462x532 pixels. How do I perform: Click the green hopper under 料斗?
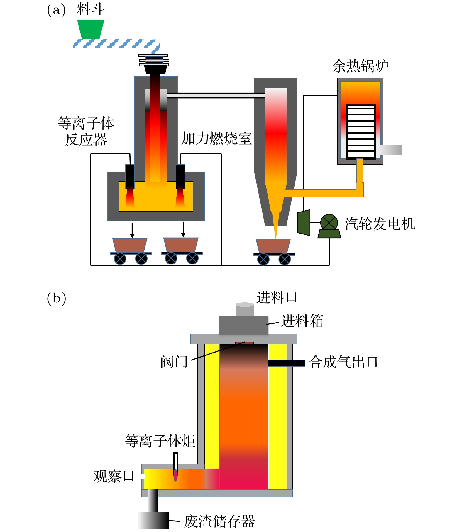(x=91, y=29)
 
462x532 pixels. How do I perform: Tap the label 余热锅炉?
(x=360, y=66)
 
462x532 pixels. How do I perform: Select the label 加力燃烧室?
(x=216, y=138)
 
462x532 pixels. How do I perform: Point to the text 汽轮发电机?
(x=380, y=224)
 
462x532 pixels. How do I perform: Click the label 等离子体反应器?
(x=86, y=131)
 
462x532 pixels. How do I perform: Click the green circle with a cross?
(x=329, y=222)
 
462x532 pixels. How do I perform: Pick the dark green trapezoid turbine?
(x=304, y=222)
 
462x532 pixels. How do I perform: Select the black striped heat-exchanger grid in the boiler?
(x=361, y=132)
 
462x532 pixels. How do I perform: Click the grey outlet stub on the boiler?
(x=391, y=150)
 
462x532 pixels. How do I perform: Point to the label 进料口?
(x=277, y=297)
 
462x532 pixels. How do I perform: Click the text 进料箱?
(x=302, y=321)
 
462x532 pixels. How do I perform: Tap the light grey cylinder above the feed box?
(x=244, y=309)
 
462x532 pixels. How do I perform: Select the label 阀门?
(x=174, y=361)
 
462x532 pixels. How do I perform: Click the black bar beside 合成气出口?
(x=287, y=363)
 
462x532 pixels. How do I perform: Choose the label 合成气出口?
(x=343, y=362)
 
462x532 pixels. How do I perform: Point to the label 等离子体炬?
(x=160, y=441)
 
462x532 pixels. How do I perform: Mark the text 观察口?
(x=114, y=476)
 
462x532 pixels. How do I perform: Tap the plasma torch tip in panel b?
(x=175, y=475)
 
